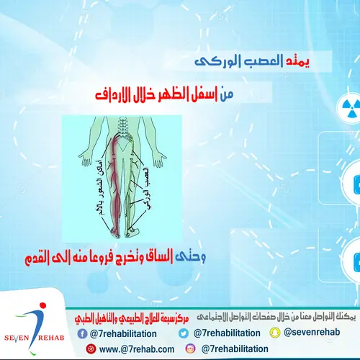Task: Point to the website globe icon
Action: [x=92, y=349]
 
